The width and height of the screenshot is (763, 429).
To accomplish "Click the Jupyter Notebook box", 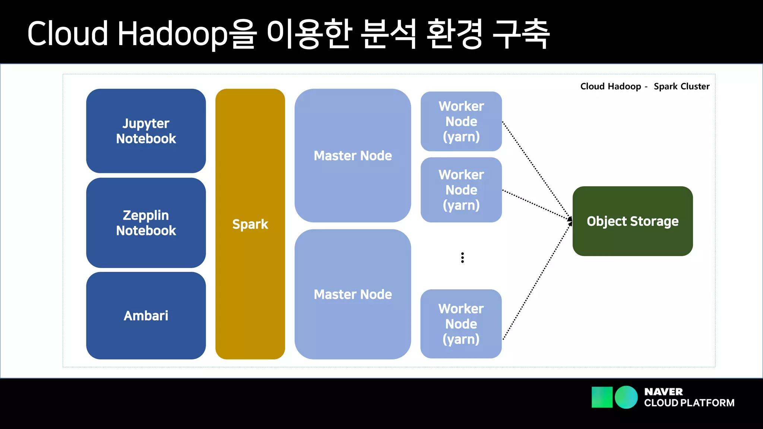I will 146,131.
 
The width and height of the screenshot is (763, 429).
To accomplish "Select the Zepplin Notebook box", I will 146,223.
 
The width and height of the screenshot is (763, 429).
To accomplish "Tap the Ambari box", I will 146,315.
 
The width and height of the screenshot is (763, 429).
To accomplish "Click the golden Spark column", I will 250,224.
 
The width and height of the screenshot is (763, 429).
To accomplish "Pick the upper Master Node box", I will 352,155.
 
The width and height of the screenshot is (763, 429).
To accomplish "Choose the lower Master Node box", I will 352,294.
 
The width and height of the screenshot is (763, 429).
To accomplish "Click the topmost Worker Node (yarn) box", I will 461,121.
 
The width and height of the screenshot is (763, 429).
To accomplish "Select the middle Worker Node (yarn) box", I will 461,190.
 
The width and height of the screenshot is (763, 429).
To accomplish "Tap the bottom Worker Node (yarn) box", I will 461,324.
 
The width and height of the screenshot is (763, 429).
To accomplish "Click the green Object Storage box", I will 632,221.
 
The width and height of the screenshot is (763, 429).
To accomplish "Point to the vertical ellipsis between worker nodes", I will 462,258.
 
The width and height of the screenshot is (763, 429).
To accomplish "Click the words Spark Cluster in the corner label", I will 681,86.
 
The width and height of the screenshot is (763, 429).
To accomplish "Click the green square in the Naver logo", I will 602,397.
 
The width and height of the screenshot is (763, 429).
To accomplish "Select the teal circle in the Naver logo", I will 626,397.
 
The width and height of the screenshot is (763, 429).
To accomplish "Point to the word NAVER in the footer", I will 663,392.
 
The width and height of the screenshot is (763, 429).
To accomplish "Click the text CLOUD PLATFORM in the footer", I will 689,403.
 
